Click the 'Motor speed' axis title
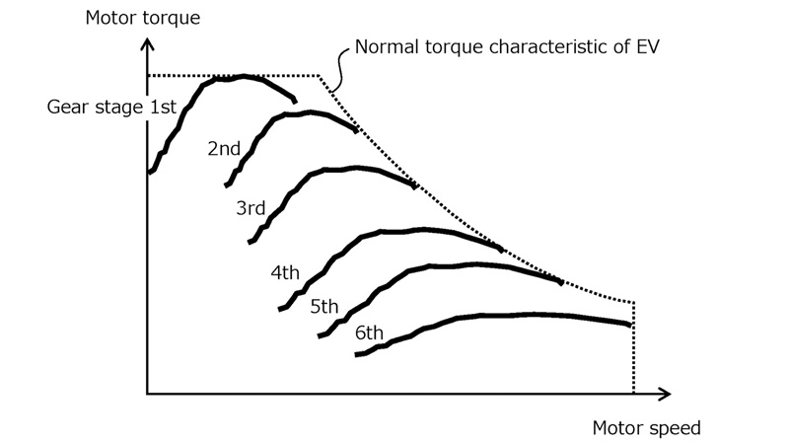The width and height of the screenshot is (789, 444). (x=646, y=428)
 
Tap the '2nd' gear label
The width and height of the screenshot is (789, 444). (x=224, y=149)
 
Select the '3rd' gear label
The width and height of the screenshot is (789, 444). (x=251, y=208)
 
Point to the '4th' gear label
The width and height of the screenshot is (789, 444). (x=284, y=272)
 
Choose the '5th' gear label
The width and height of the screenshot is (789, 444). (x=324, y=307)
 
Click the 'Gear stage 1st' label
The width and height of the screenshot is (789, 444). (x=110, y=107)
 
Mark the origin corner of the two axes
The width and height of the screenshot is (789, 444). (x=147, y=394)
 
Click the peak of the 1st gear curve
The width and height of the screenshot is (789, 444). (x=244, y=76)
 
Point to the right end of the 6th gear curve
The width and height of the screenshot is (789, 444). (x=629, y=324)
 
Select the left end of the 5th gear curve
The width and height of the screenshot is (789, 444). (x=320, y=336)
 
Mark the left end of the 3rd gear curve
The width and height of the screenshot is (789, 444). (x=251, y=241)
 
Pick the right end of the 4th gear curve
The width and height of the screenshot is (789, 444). (x=502, y=250)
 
